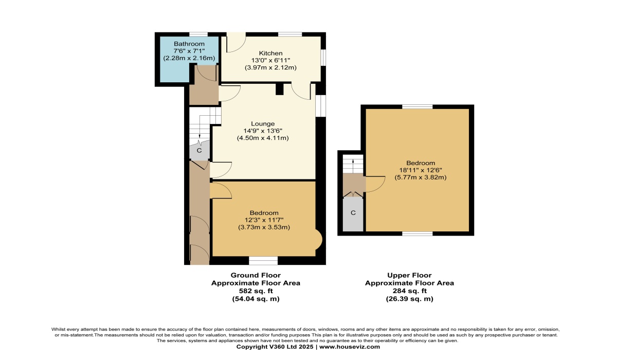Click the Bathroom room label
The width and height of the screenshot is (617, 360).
point(189,44)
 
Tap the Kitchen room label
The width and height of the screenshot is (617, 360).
point(270,53)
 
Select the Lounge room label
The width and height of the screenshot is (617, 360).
point(263,124)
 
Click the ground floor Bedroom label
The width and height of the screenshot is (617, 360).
point(264,213)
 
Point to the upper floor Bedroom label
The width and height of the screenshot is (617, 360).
point(421,163)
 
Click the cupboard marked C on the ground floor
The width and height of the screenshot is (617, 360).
point(199,151)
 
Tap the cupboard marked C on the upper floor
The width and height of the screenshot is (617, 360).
point(353,213)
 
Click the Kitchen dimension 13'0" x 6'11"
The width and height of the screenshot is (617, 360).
point(270,60)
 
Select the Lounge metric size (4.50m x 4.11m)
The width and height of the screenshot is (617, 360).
point(263,138)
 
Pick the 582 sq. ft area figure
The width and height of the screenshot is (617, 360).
point(256,291)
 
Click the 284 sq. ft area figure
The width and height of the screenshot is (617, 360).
point(409,291)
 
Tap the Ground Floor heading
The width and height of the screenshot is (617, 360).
point(256,275)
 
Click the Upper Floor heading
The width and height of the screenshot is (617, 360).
point(409,275)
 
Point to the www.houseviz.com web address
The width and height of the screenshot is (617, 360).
point(350,347)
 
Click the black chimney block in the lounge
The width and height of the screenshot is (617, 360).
point(280,89)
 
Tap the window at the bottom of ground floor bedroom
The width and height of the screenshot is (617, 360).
point(263,261)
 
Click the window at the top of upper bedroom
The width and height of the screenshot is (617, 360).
point(418,106)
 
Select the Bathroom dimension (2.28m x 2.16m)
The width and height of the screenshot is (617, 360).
point(189,58)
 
